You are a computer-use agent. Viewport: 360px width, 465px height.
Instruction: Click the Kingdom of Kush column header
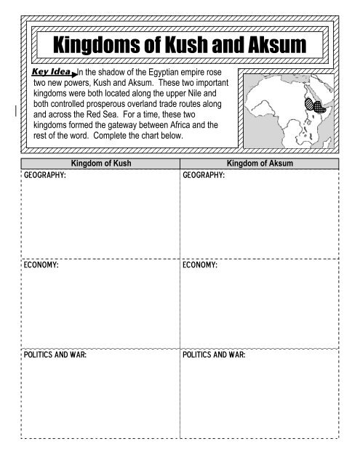pyautogui.click(x=100, y=163)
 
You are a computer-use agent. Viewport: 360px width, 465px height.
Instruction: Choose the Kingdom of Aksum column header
pyautogui.click(x=260, y=163)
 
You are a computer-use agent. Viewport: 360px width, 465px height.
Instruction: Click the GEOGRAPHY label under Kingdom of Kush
pyautogui.click(x=45, y=175)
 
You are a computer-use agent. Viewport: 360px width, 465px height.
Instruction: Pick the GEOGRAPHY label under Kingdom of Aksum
pyautogui.click(x=204, y=175)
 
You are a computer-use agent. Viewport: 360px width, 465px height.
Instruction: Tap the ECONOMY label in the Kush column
pyautogui.click(x=41, y=267)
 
